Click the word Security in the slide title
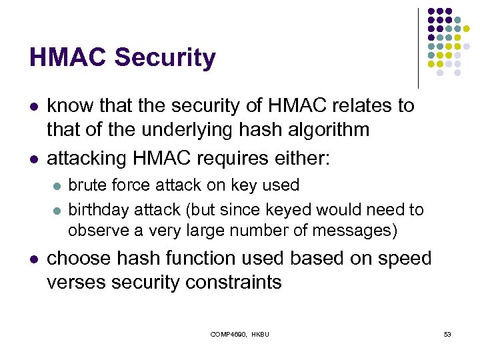tap(165, 57)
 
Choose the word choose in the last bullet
tap(82, 259)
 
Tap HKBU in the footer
tap(260, 334)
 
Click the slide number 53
tap(447, 334)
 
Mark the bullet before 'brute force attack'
tap(57, 185)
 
